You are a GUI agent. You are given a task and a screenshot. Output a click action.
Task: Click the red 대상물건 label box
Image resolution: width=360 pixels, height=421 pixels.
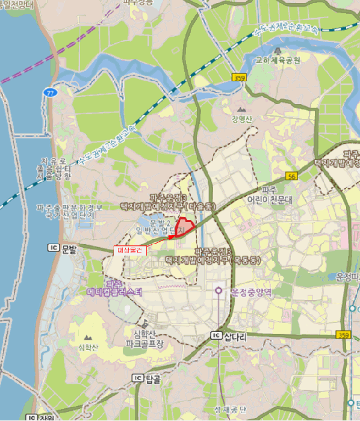tap(129, 250)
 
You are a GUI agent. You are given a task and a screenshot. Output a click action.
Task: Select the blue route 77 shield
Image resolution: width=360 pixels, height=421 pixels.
tap(49, 92)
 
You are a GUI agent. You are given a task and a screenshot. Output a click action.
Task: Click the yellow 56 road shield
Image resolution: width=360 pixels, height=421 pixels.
tap(292, 176)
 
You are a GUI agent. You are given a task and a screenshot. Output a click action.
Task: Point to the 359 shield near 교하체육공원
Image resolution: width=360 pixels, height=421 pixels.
tap(239, 78)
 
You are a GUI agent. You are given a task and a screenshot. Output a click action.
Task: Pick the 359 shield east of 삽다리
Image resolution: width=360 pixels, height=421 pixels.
tap(344, 335)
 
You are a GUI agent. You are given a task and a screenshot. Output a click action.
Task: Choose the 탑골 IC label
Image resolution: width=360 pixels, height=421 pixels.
tap(147, 378)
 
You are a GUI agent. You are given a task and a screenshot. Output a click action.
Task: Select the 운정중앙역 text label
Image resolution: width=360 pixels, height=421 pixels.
tap(251, 293)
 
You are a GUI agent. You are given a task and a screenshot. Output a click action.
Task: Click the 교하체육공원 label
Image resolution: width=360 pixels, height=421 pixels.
tap(279, 60)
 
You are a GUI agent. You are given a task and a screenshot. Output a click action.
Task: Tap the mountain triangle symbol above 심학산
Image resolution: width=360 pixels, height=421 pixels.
tap(89, 339)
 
